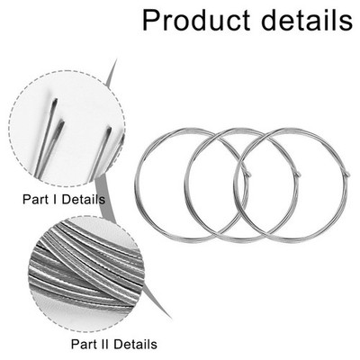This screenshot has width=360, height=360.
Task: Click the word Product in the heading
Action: pos(196,21)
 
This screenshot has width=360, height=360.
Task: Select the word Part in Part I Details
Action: pos(34,199)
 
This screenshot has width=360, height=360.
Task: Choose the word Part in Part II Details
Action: pos(82,344)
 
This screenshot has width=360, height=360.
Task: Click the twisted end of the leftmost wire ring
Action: pos(248,174)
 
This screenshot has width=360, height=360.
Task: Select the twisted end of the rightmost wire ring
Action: pos(346,174)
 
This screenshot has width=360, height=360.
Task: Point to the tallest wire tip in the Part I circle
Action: pos(55,101)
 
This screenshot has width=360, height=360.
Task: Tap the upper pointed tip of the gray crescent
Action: pos(116,60)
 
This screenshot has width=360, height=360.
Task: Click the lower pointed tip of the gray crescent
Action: pos(171,318)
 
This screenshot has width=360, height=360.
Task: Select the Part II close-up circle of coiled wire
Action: pos(86,274)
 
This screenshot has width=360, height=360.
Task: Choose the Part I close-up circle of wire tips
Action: pos(67,129)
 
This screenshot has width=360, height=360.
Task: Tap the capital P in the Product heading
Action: pos(151,21)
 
